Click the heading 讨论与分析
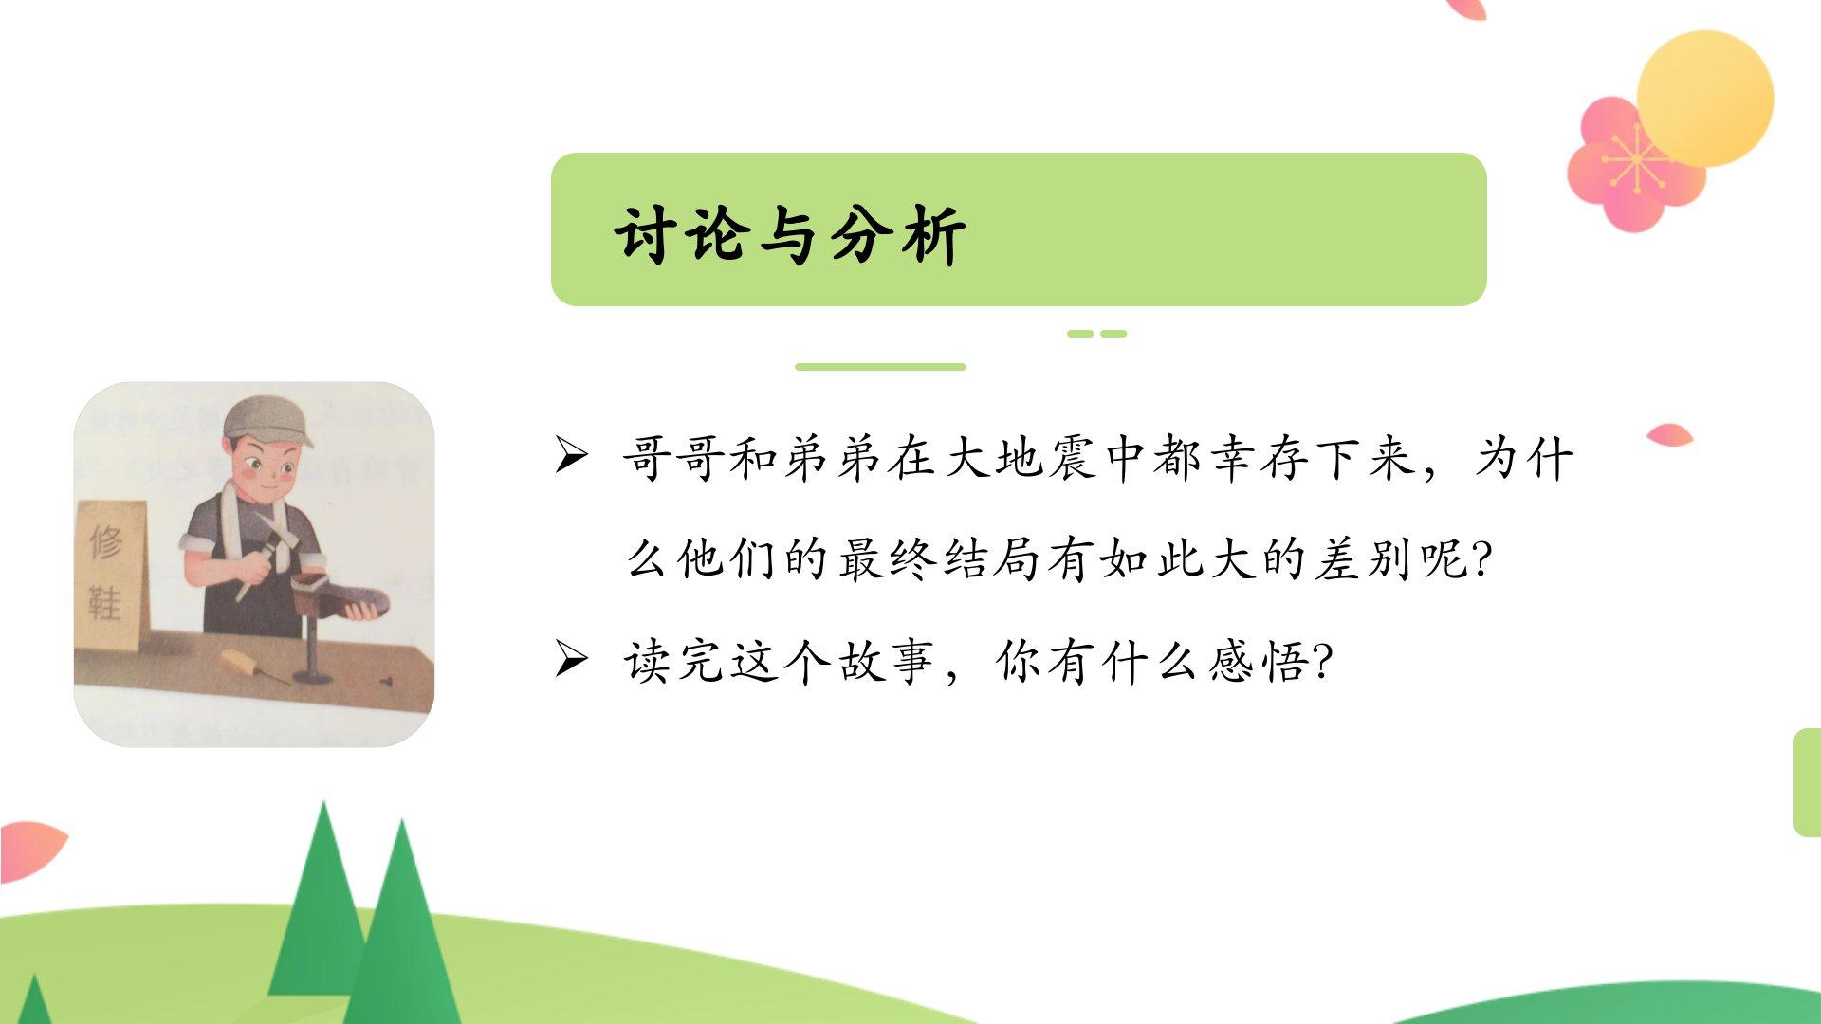coord(790,233)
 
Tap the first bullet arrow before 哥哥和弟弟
coord(572,456)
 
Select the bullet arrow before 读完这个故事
coord(572,659)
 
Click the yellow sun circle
coord(1704,99)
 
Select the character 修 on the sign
coord(106,543)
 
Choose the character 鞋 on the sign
coord(105,603)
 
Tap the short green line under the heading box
coord(880,367)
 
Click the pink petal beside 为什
coord(1670,435)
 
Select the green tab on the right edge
coord(1808,782)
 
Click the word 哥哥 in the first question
coord(674,459)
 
